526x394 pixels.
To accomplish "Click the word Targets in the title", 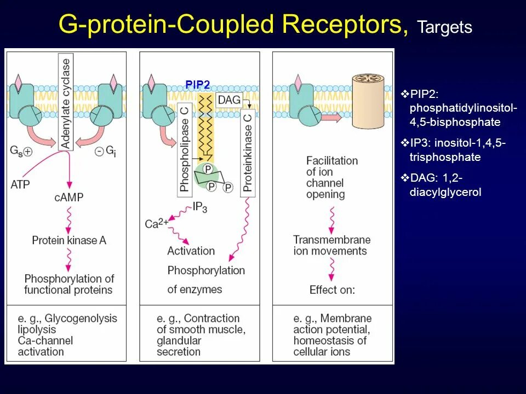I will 444,27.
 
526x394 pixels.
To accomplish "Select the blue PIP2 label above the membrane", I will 197,85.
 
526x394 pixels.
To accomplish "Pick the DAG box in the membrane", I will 228,100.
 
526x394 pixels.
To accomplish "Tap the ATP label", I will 20,184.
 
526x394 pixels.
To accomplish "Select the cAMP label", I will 69,197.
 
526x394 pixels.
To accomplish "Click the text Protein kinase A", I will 69,240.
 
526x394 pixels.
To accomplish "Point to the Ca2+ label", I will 156,223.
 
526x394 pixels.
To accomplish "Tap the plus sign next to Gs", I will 27,152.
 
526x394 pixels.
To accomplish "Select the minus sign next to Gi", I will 100,152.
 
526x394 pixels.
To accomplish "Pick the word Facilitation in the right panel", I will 331,160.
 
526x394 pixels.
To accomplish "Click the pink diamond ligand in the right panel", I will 299,82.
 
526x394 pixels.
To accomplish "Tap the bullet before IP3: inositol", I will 405,143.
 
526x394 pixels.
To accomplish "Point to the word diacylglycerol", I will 445,192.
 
